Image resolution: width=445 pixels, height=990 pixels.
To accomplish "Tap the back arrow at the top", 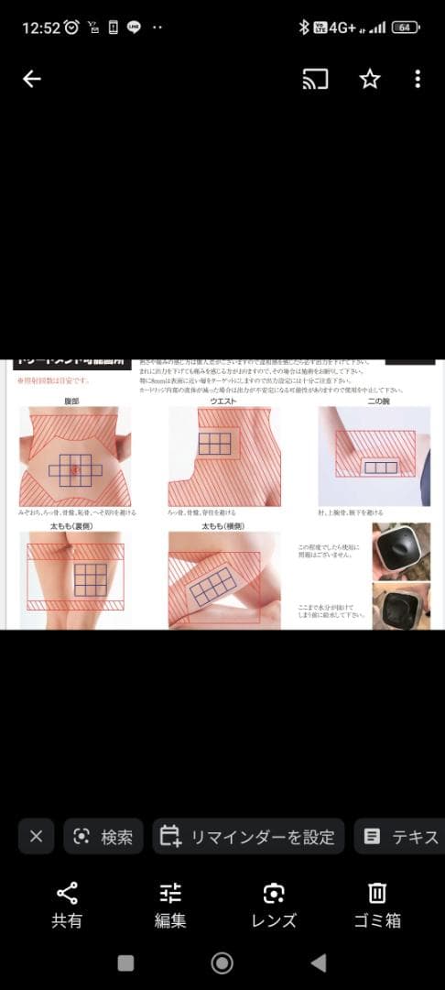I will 32,80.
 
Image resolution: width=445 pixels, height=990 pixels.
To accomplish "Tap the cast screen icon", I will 315,80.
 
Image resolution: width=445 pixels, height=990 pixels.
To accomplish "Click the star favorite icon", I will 369,80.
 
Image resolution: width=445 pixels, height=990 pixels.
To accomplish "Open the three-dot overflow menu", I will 418,80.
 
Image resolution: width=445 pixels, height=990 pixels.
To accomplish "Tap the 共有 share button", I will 67,905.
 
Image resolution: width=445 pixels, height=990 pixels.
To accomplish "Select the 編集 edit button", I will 170,905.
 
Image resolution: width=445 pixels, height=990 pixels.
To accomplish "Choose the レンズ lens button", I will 274,905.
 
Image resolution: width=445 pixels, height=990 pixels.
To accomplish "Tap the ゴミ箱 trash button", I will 377,905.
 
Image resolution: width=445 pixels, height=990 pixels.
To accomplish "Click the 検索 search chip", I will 103,836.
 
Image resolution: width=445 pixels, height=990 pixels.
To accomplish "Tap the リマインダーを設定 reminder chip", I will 248,836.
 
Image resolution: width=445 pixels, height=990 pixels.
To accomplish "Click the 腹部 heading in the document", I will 72,401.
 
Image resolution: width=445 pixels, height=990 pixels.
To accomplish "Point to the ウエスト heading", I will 224,401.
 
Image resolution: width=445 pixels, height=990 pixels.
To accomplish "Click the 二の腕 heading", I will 378,401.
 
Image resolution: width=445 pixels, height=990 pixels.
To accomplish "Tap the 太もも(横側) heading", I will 223,526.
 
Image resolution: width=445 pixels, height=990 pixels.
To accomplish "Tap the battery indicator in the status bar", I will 405,27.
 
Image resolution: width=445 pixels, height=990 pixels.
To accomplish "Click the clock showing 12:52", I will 40,27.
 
